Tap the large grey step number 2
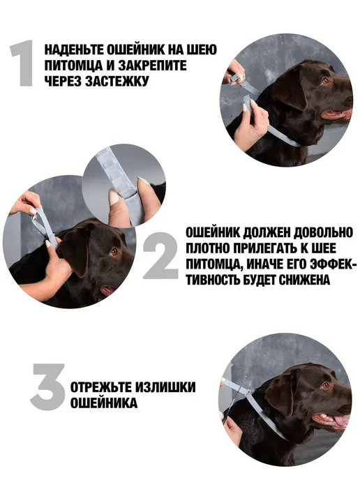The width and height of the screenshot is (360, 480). pos(160,255)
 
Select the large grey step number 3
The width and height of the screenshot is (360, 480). pos(48,387)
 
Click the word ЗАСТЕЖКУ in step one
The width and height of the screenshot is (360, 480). pos(117,81)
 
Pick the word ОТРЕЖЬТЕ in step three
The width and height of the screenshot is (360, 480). pos(100,387)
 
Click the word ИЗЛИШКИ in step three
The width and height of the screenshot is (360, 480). pos(165,387)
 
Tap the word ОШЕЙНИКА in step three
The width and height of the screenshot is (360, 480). pos(104,403)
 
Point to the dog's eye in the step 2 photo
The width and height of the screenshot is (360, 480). pos(114,252)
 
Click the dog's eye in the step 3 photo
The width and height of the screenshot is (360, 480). pos(325,385)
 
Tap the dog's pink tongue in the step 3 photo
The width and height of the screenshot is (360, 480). pos(342,421)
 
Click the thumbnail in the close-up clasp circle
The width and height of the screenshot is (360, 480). pos(114,197)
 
